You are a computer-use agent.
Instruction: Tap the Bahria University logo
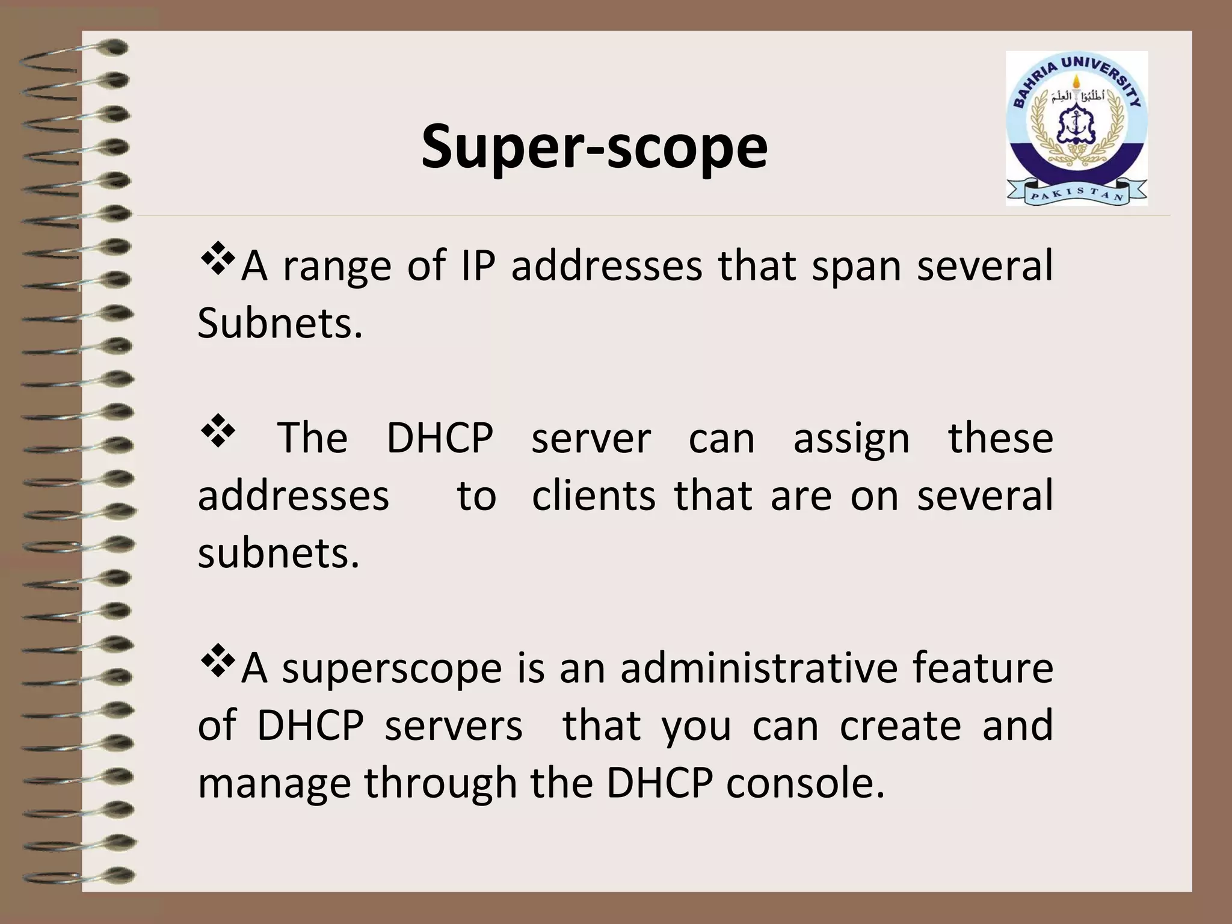point(1076,128)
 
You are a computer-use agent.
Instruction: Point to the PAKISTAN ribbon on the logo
point(1076,194)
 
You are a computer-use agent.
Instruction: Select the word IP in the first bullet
point(478,265)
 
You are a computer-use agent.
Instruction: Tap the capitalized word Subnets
point(280,323)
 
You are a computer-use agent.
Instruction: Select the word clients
point(594,496)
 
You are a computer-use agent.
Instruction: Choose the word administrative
point(759,668)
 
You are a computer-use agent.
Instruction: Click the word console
point(805,783)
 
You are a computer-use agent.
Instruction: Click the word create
point(900,725)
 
